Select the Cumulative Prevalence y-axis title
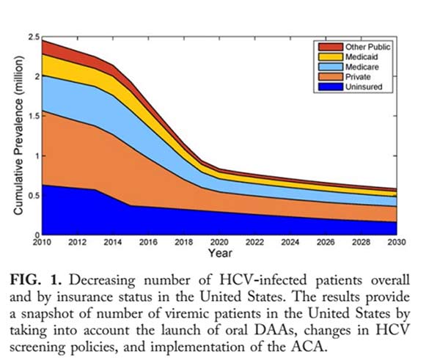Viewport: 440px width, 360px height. (x=18, y=135)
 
